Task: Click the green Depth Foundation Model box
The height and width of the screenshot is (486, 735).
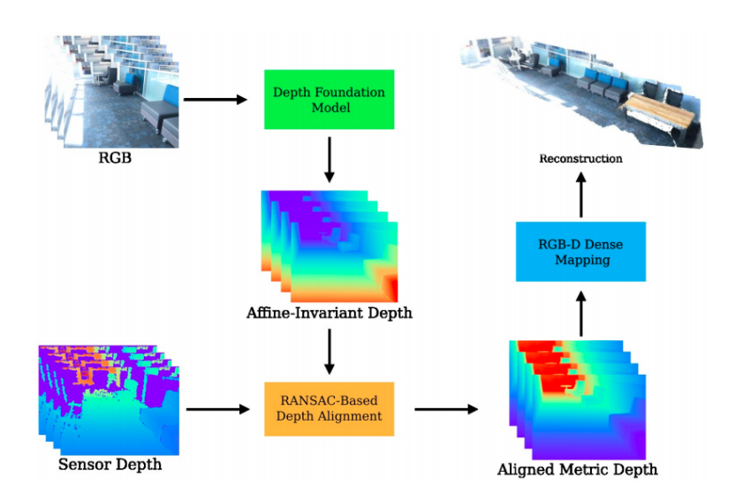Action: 329,99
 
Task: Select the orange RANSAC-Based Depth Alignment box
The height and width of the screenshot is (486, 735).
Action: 329,408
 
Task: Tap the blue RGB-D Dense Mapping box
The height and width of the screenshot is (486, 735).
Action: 580,252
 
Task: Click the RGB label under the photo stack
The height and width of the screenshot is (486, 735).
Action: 115,158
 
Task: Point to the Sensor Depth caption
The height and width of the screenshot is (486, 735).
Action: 110,465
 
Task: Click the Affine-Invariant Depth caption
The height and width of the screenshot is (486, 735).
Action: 330,313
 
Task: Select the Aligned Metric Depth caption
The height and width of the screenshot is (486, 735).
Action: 578,469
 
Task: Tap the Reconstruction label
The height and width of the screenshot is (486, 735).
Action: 580,158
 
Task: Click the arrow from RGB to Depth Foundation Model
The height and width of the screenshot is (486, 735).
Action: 216,99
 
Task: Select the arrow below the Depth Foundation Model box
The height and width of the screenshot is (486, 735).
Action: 330,159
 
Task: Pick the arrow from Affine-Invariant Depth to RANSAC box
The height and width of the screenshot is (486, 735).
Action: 330,351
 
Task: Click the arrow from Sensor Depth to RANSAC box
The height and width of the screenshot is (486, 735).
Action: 218,409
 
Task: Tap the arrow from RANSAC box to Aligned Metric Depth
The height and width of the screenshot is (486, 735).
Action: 446,409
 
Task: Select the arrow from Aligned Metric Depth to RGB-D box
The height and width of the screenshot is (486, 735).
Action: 581,314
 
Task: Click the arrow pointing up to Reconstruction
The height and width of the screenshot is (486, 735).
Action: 581,194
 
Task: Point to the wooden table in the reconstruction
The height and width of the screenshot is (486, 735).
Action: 660,111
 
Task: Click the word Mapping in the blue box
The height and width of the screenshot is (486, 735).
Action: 583,260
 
